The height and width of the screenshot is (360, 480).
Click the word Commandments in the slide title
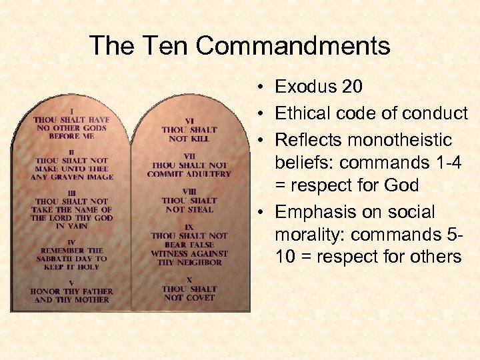[x=293, y=46]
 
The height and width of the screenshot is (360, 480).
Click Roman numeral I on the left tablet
[x=71, y=111]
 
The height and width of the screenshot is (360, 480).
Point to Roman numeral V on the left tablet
[x=71, y=283]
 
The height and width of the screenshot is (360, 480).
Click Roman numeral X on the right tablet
[x=189, y=281]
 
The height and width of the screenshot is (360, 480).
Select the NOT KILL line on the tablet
[x=189, y=139]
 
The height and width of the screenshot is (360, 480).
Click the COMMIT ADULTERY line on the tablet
[x=189, y=174]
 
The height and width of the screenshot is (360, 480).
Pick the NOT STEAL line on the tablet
[x=189, y=209]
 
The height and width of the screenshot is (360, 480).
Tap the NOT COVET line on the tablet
[x=189, y=297]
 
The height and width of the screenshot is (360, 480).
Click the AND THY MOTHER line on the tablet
[x=71, y=300]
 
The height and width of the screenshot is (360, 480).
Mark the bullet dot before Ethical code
[x=263, y=114]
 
